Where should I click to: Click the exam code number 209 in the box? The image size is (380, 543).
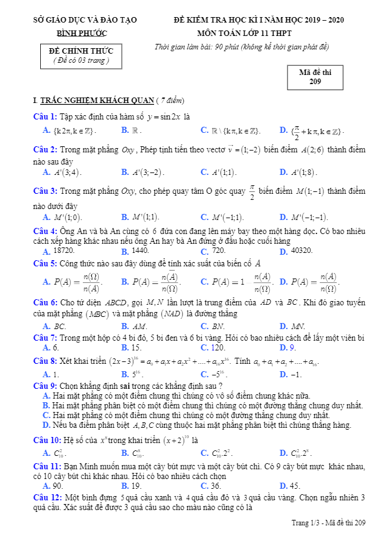(315, 82)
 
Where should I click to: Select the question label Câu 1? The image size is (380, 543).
(45, 116)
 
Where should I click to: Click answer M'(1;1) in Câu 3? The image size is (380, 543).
(146, 217)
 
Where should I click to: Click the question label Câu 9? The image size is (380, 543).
(45, 386)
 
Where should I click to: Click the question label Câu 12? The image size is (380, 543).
(47, 497)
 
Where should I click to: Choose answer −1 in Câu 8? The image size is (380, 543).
(296, 374)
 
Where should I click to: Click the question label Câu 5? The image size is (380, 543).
(45, 263)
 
